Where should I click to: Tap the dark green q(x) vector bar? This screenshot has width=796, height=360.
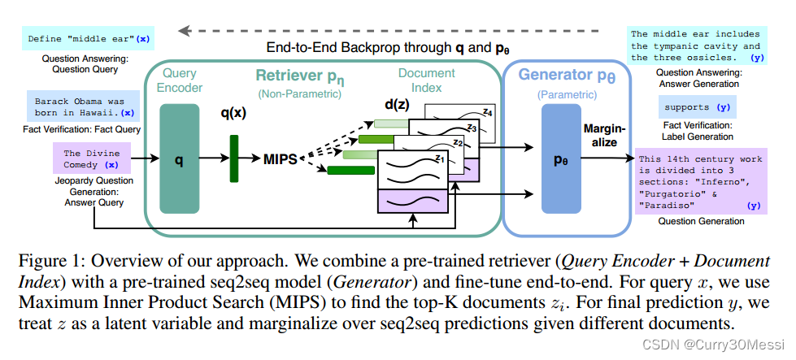pos(233,160)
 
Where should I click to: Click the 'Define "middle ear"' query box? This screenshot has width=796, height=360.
pos(88,38)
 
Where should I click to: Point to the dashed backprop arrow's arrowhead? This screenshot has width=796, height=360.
pos(185,32)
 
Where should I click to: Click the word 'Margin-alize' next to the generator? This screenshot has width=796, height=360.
pos(602,135)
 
